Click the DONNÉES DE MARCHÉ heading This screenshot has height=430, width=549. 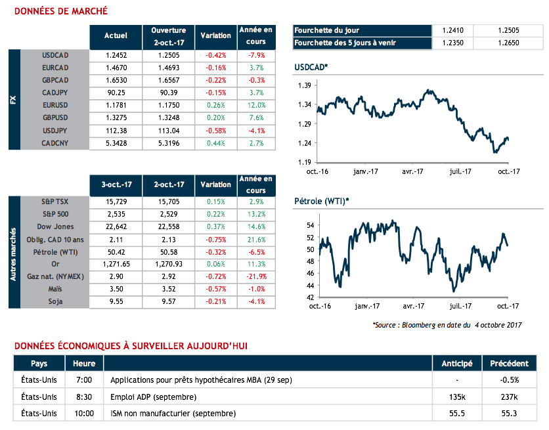point(61,12)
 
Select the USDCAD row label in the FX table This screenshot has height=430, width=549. point(55,55)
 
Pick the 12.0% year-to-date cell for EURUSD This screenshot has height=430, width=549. point(256,105)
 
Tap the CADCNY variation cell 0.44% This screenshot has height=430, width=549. point(215,142)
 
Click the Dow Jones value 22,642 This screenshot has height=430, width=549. point(116,226)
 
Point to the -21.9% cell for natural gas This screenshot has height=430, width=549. point(256,276)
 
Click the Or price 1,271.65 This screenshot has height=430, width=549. point(116,264)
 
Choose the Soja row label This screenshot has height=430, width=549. point(55,301)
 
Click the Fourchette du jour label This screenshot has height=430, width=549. point(327,30)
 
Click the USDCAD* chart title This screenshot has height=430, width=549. point(311,68)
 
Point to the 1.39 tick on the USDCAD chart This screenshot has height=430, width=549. point(303,86)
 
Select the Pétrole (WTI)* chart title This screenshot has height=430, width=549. point(322,200)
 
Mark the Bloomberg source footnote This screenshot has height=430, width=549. point(447,324)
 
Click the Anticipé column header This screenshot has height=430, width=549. point(456,364)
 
